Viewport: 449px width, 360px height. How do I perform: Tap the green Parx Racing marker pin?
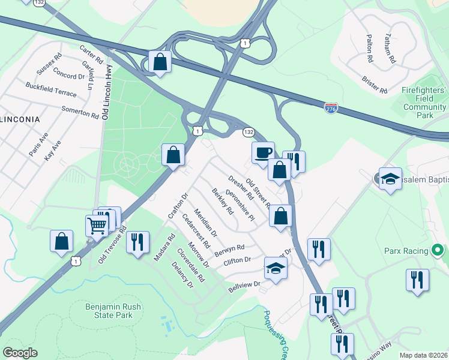pyautogui.click(x=438, y=250)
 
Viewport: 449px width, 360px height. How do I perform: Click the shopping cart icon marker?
pyautogui.click(x=97, y=226)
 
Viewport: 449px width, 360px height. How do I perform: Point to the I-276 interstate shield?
pyautogui.click(x=331, y=108)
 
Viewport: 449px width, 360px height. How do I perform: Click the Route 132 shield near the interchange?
pyautogui.click(x=249, y=131)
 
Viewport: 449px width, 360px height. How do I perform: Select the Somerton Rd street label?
pyautogui.click(x=80, y=112)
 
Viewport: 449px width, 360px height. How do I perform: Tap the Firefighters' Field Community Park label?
pyautogui.click(x=424, y=103)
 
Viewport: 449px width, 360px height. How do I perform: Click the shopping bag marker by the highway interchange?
pyautogui.click(x=160, y=62)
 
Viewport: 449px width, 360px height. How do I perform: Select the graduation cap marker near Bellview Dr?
pyautogui.click(x=276, y=268)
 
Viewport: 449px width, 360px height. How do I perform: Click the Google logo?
pyautogui.click(x=20, y=353)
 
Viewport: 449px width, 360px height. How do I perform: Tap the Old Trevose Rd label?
pyautogui.click(x=112, y=245)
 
